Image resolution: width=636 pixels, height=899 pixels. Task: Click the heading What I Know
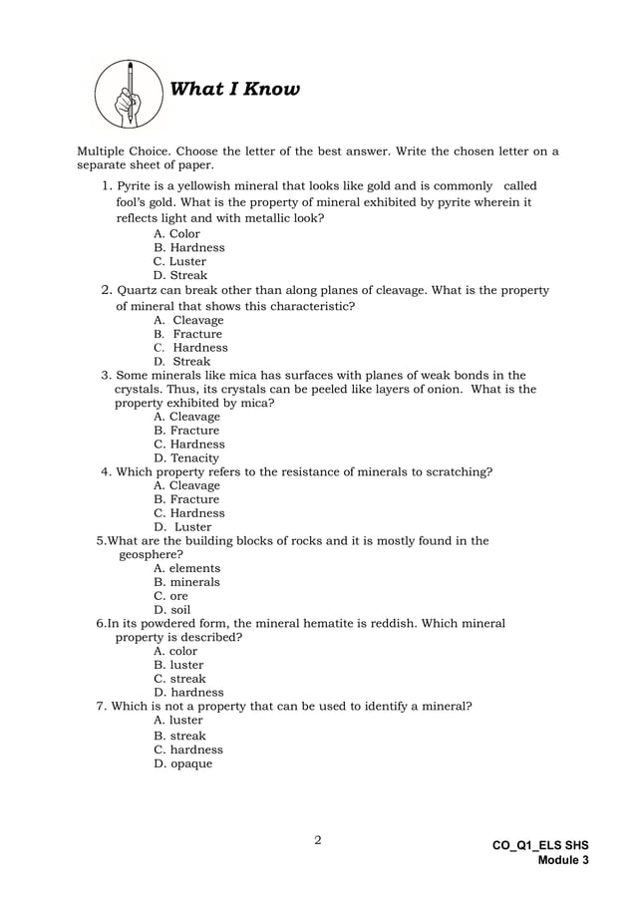coord(234,90)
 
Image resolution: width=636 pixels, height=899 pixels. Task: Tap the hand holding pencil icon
coord(131,92)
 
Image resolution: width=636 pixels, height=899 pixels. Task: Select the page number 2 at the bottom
coord(318,840)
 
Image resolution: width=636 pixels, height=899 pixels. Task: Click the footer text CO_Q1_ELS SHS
coord(540,845)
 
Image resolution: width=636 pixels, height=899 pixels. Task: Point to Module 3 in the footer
coord(563,860)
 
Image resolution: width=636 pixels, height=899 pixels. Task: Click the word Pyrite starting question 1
coord(135,186)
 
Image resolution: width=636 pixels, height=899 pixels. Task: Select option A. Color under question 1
coord(176,234)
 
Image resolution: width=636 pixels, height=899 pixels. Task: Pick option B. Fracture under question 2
coord(188,334)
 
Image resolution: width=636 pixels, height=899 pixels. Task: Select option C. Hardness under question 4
coord(188,513)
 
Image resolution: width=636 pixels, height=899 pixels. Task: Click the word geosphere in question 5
coord(149,555)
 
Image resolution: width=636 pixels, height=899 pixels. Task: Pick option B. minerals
coord(186,582)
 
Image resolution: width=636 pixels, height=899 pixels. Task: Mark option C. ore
coord(170,596)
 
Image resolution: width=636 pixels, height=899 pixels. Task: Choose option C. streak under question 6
coord(179,679)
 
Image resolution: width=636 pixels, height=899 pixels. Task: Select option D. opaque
coord(182,764)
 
